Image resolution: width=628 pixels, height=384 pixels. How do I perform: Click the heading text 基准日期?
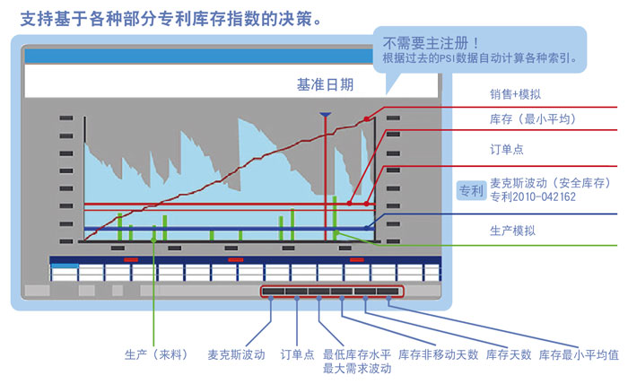[x=325, y=85]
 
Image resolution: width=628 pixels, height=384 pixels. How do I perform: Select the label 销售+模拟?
[x=515, y=94]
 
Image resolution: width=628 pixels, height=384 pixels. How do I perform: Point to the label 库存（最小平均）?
[x=533, y=118]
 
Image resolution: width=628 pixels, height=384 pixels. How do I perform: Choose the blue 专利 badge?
[x=471, y=189]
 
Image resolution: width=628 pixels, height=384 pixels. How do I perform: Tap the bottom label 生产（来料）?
[x=156, y=354]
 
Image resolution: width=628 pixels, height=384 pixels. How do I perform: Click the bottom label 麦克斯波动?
[x=236, y=354]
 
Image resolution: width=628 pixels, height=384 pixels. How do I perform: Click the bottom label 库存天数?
[x=509, y=354]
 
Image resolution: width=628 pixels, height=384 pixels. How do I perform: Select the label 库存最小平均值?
[x=579, y=354]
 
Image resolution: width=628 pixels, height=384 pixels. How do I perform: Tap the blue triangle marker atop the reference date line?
[x=325, y=115]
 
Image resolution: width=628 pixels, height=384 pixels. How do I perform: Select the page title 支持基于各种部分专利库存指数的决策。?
[x=169, y=15]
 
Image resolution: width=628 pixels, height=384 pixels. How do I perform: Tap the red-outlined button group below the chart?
[x=332, y=291]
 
